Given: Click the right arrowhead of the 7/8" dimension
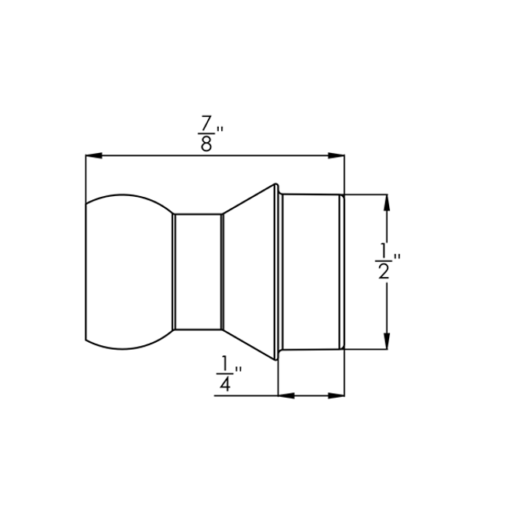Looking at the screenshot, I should [337, 156].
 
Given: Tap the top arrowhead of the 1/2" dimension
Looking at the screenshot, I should [386, 202].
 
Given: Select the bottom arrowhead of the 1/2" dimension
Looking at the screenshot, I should [386, 339].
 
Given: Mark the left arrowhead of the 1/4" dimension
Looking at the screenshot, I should [287, 395].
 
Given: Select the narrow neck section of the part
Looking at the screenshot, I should [197, 271].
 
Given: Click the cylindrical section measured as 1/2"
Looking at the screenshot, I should [311, 271].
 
